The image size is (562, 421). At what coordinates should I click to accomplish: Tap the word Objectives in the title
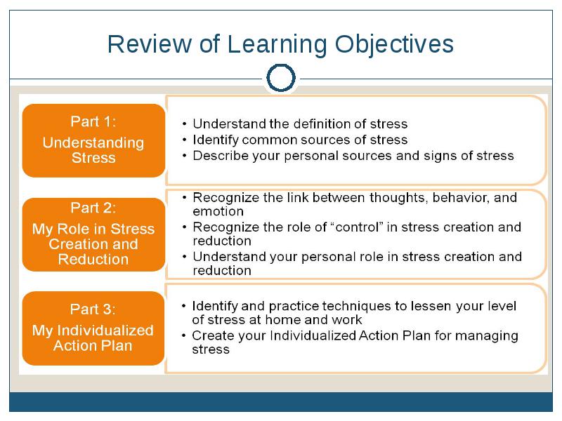coord(394,45)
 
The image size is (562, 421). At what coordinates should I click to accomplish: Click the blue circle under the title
coord(281,78)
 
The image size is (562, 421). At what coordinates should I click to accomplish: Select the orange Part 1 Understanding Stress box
coord(93,140)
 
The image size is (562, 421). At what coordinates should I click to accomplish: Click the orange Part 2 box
coord(93,234)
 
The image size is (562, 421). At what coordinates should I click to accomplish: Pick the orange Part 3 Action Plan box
coord(93,328)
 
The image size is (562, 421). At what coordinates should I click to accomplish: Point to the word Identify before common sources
coord(216,140)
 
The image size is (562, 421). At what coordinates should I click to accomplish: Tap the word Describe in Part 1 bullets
coord(221,156)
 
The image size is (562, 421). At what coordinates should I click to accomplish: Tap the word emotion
coord(218,212)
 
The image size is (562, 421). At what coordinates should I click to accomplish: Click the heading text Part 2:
coord(93,208)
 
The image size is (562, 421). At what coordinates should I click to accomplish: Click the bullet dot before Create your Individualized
coord(183,336)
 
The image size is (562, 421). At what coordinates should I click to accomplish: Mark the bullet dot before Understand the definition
coord(184,124)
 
